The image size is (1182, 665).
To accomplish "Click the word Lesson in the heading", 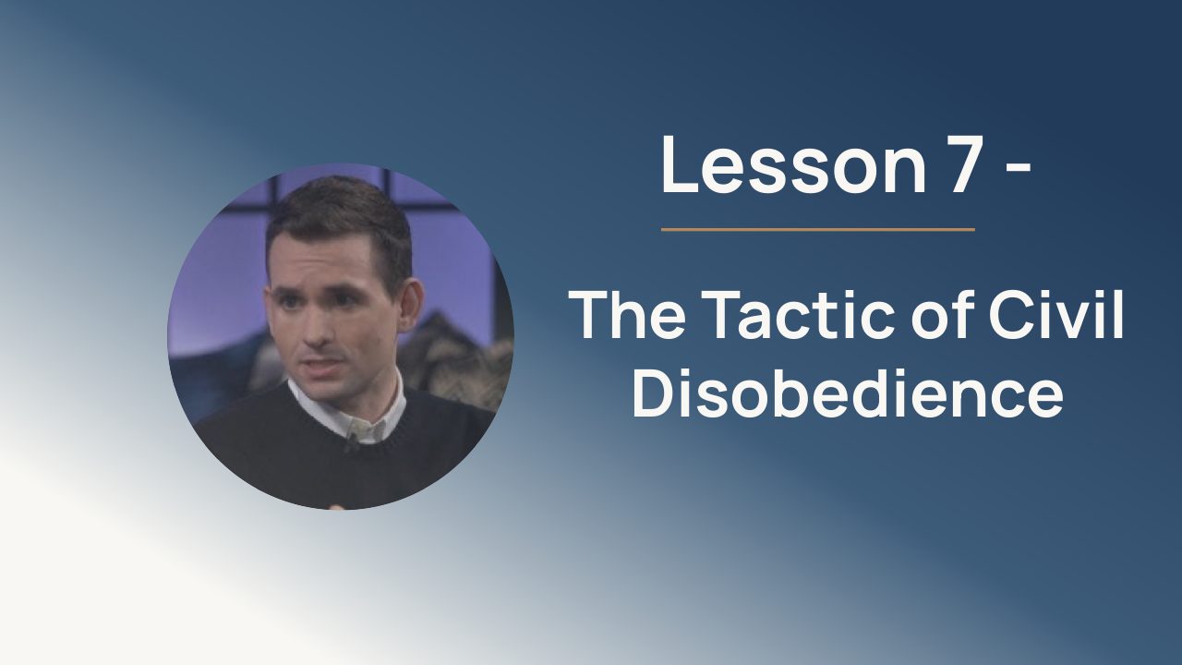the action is coord(794,164).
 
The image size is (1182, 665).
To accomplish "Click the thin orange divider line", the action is coord(818,230).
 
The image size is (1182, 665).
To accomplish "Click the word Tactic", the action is coord(800,315).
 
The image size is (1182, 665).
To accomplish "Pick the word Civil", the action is coord(1056,315).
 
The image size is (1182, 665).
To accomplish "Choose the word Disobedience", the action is coord(847,393).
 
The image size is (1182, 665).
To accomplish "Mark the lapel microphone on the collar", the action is coord(350,444).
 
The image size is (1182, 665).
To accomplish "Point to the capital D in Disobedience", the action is coord(653,393).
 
